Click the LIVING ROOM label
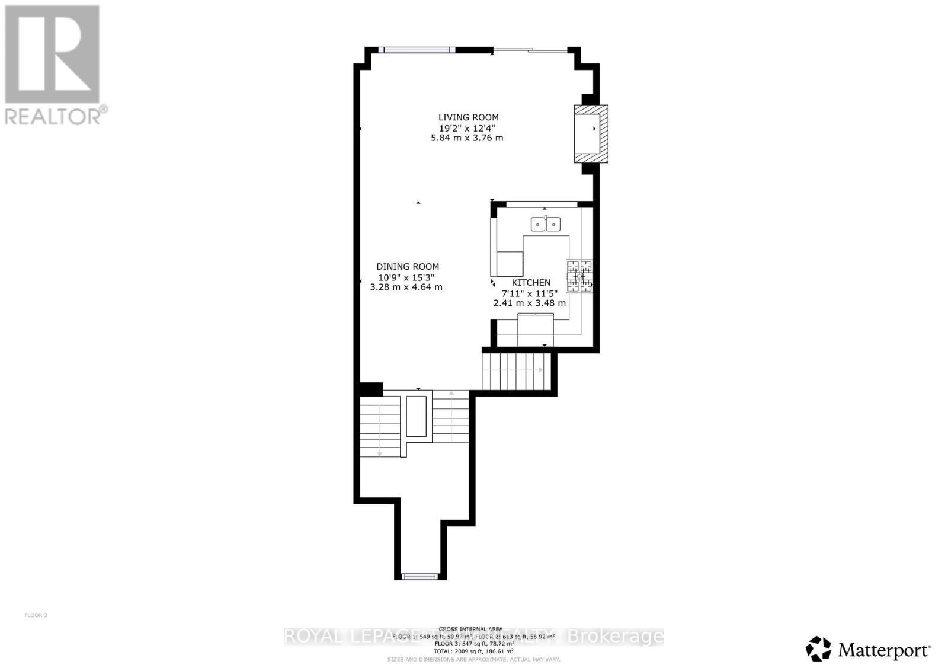(468, 117)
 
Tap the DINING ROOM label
(408, 267)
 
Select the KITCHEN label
(531, 283)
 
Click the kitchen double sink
(545, 224)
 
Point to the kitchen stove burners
(579, 276)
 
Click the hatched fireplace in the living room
(591, 133)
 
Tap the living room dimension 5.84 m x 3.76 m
(467, 138)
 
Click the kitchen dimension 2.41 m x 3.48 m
(529, 303)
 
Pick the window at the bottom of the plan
(419, 576)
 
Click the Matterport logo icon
(818, 648)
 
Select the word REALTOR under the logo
(53, 116)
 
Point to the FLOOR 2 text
(36, 615)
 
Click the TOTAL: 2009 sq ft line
(473, 651)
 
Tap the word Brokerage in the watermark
(616, 637)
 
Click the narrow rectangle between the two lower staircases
(417, 416)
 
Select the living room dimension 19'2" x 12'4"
(467, 128)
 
